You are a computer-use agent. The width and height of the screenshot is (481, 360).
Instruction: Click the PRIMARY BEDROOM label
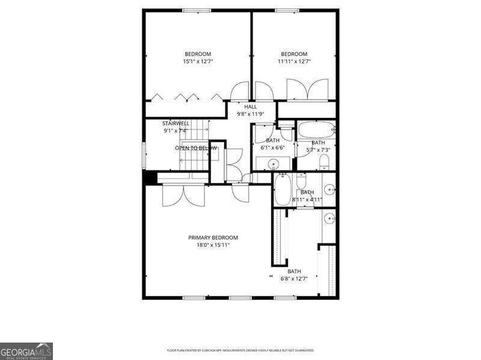[x=213, y=237]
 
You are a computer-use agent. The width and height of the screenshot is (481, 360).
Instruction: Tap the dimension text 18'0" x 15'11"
[x=213, y=245]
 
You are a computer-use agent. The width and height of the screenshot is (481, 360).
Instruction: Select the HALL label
[x=250, y=106]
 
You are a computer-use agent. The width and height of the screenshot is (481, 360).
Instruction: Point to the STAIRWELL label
[x=176, y=123]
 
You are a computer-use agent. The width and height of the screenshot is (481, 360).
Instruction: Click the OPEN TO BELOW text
[x=196, y=148]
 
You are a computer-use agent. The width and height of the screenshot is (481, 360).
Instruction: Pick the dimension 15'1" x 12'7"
[x=198, y=61]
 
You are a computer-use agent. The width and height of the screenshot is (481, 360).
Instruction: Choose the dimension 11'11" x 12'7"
[x=294, y=61]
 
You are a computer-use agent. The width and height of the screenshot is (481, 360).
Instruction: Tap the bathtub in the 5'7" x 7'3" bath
[x=316, y=129]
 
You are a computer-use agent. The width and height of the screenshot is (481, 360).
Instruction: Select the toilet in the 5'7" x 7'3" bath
[x=323, y=160]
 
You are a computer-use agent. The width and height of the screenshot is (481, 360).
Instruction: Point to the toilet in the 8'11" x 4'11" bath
[x=301, y=180]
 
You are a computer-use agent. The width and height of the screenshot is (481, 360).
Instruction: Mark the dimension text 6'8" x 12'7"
[x=294, y=278]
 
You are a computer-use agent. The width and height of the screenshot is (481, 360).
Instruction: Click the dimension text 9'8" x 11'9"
[x=250, y=114]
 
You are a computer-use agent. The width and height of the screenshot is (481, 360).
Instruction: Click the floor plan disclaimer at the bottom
[x=240, y=350]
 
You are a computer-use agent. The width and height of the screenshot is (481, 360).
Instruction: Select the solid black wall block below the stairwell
[x=150, y=178]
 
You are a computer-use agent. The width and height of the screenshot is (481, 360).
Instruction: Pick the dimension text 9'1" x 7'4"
[x=176, y=130]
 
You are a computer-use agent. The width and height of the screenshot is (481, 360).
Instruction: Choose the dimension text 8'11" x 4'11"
[x=307, y=200]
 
